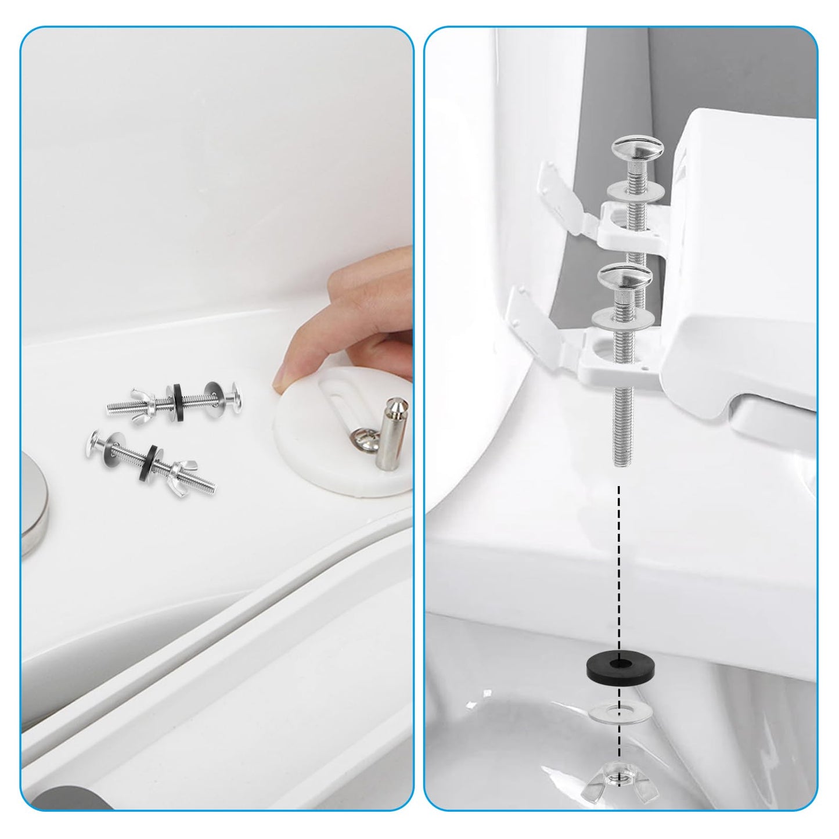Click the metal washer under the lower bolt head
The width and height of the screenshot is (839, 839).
tap(622, 318)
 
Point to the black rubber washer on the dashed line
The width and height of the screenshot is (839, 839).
tap(620, 663)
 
